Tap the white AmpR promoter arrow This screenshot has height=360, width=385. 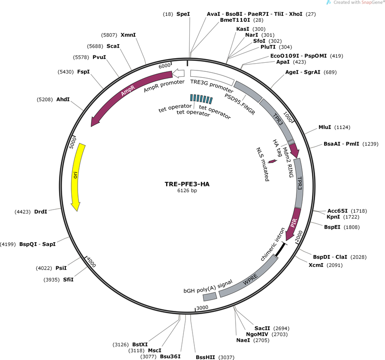178,73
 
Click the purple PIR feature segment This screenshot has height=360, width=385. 294,223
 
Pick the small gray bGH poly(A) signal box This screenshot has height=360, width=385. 210,296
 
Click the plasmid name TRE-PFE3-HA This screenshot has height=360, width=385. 187,184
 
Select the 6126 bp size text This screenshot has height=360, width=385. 187,190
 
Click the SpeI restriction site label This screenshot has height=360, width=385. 183,14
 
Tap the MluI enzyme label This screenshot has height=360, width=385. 325,127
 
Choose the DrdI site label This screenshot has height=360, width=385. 41,212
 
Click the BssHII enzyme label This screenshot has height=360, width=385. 205,357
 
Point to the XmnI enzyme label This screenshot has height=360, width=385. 128,35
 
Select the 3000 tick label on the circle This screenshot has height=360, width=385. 202,308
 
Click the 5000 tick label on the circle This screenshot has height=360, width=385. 73,143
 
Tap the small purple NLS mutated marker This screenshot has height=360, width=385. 272,161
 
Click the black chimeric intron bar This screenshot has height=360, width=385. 280,250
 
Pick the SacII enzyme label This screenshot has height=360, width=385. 262,328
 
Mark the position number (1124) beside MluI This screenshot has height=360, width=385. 342,127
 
